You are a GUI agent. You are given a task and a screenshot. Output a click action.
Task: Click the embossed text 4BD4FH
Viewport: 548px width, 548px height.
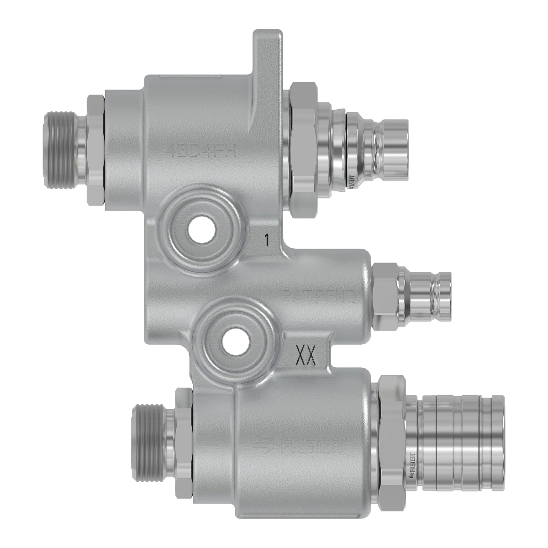(x=202, y=150)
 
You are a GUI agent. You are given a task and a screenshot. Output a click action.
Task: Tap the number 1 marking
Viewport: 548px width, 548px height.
(x=267, y=239)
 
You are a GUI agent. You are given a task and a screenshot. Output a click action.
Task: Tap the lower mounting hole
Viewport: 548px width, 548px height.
(x=233, y=341)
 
